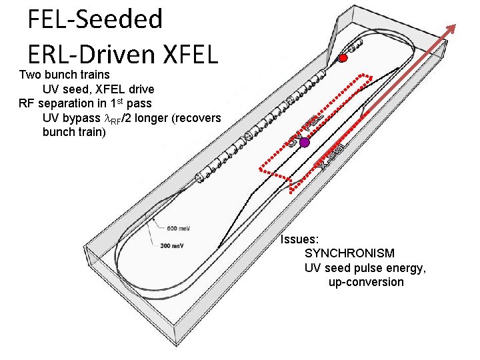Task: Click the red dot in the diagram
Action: pyautogui.click(x=343, y=58)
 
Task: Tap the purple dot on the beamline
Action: pyautogui.click(x=305, y=142)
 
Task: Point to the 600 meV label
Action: pyautogui.click(x=178, y=229)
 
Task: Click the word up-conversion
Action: pyautogui.click(x=366, y=282)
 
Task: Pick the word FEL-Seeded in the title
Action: pyautogui.click(x=95, y=19)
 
